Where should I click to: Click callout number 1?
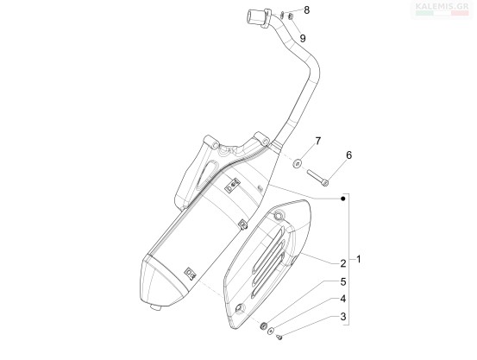(x=359, y=260)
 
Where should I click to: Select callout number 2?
(x=342, y=263)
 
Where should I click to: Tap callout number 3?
(x=343, y=317)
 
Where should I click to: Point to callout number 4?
(x=342, y=299)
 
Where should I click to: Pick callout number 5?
(x=343, y=282)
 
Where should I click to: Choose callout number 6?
(x=348, y=155)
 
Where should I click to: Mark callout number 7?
(x=318, y=141)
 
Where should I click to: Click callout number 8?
(x=307, y=10)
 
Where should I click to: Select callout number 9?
(x=303, y=38)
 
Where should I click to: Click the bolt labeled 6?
(x=317, y=178)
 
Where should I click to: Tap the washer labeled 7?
(x=298, y=163)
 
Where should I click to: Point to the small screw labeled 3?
(x=279, y=337)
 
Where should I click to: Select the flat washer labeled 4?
(x=271, y=331)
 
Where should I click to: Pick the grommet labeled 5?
(x=263, y=325)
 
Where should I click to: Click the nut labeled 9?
(x=290, y=16)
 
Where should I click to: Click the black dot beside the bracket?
(x=343, y=199)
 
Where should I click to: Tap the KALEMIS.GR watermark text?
(x=442, y=6)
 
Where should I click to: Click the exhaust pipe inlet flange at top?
(x=259, y=18)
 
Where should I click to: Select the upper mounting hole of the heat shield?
(x=278, y=215)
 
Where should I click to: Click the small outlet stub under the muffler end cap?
(x=156, y=307)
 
